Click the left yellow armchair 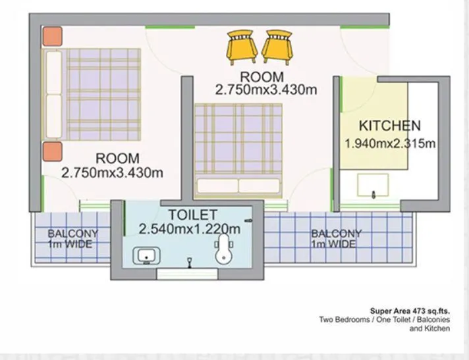[x=242, y=47]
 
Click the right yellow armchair [x=277, y=46]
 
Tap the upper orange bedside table [x=52, y=36]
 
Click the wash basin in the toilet [x=144, y=255]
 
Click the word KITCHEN [x=389, y=126]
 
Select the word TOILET [x=192, y=215]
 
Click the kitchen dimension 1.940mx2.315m [x=389, y=143]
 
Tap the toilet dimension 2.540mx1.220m [x=189, y=229]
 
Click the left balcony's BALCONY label [x=72, y=233]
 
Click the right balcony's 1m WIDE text [x=334, y=244]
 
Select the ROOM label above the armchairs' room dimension [x=262, y=77]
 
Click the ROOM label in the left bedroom [x=117, y=158]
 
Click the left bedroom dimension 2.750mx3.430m [x=112, y=173]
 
